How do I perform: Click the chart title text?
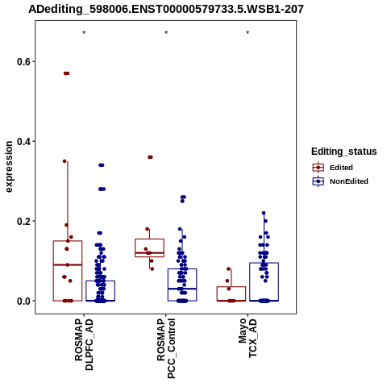click(x=166, y=9)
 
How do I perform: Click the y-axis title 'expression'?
click(x=9, y=167)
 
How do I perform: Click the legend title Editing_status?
click(x=344, y=152)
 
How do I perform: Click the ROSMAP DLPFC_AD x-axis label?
click(x=84, y=345)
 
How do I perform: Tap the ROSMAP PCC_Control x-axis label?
click(x=166, y=348)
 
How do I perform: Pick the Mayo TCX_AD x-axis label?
click(x=248, y=338)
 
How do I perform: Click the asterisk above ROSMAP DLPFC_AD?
click(x=84, y=33)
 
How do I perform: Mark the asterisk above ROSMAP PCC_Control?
click(x=166, y=33)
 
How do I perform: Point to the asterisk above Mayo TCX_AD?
click(x=248, y=33)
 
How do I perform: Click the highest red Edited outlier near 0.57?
click(x=66, y=73)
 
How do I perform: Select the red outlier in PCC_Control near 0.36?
click(x=150, y=157)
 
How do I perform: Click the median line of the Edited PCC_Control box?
click(x=150, y=253)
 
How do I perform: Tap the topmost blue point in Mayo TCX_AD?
click(x=264, y=213)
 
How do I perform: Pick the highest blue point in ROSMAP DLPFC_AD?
click(x=102, y=165)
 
